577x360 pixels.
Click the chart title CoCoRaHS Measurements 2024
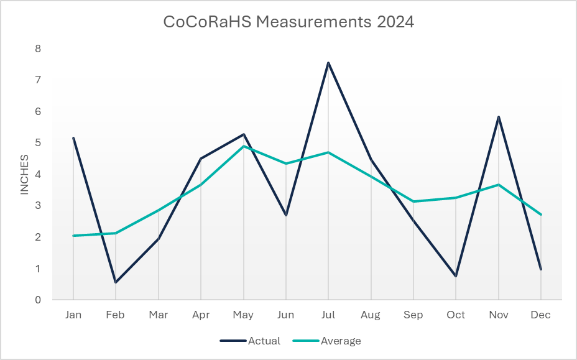tap(288, 22)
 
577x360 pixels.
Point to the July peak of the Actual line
tap(328, 63)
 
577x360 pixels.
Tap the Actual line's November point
tap(498, 117)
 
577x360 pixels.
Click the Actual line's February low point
tap(116, 282)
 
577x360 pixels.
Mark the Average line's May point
tap(243, 146)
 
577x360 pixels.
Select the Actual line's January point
tap(73, 138)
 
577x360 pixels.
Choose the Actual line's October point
tap(456, 275)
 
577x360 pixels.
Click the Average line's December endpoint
tap(541, 215)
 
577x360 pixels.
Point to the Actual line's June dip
tap(286, 215)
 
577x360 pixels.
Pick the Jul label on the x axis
tap(328, 315)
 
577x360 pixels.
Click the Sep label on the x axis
tap(413, 315)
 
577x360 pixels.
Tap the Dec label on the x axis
tap(541, 315)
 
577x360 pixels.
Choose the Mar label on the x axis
tap(158, 315)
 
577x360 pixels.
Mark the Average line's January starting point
tap(73, 236)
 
